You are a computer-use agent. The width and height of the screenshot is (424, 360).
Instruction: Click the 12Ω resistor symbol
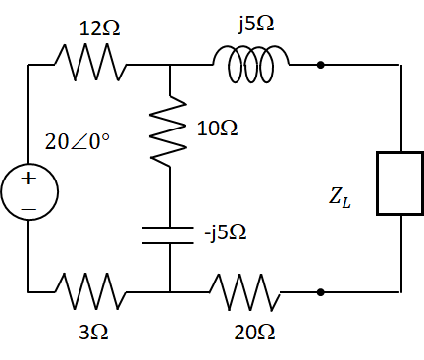90,66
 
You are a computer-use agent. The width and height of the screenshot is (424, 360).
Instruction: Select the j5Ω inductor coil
254,66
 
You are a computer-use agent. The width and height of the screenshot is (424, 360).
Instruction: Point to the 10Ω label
217,129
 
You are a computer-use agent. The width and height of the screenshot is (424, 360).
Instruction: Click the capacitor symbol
170,235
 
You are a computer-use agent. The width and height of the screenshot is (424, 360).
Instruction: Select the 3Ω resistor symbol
90,291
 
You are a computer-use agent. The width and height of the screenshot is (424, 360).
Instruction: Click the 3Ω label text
93,333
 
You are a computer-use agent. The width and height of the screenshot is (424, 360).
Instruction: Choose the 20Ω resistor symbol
246,291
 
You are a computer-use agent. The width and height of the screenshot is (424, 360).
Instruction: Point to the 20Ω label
254,333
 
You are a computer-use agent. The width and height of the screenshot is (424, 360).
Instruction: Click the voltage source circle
28,190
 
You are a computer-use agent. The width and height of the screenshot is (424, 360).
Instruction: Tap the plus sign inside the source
28,178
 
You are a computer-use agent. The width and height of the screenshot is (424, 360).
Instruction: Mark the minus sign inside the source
28,209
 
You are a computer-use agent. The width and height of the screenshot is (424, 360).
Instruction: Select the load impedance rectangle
400,183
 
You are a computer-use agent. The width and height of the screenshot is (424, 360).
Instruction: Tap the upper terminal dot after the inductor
320,66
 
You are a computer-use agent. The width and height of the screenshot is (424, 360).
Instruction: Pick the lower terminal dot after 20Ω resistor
320,291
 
